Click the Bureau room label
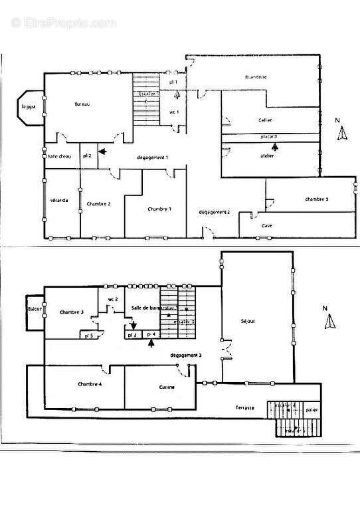click(82, 104)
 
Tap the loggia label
click(28, 106)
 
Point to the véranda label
click(59, 201)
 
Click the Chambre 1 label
click(160, 209)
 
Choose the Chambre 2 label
click(98, 203)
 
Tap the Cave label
click(266, 226)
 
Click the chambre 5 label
click(317, 199)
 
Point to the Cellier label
click(266, 120)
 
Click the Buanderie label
click(256, 77)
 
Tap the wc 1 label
click(174, 112)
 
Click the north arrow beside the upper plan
click(342, 132)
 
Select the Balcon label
click(35, 310)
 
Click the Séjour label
click(248, 321)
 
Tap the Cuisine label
click(166, 387)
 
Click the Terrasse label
click(244, 407)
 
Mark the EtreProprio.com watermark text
click(63, 23)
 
